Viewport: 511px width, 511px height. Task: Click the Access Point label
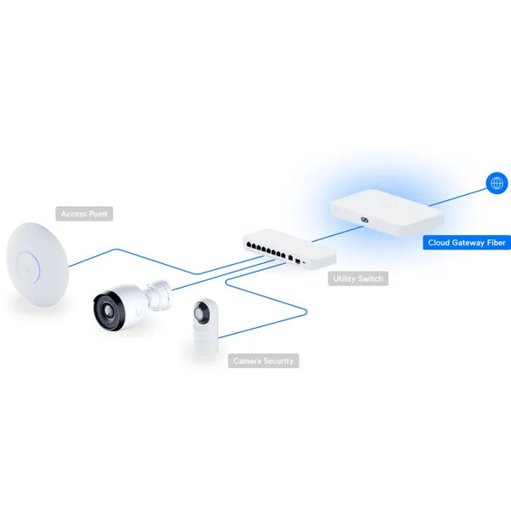[84, 214]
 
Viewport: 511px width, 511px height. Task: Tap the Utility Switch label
[358, 278]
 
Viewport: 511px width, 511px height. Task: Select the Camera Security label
[263, 361]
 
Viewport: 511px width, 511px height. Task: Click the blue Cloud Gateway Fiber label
[467, 243]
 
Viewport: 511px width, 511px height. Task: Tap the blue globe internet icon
[497, 183]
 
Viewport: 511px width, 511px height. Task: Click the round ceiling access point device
[37, 264]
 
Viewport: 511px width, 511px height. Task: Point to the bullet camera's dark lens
[109, 311]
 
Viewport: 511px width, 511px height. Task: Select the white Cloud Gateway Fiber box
[388, 212]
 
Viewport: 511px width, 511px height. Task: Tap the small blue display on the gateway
[365, 221]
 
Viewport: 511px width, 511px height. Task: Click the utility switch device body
[290, 249]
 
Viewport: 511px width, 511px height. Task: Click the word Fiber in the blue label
[497, 243]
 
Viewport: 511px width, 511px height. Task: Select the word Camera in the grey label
[247, 361]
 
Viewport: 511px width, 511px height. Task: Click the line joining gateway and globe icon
[457, 197]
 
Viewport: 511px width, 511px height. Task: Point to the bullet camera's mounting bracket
[158, 295]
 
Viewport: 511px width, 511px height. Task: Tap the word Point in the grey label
[98, 214]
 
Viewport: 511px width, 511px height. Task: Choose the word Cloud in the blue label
[439, 243]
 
